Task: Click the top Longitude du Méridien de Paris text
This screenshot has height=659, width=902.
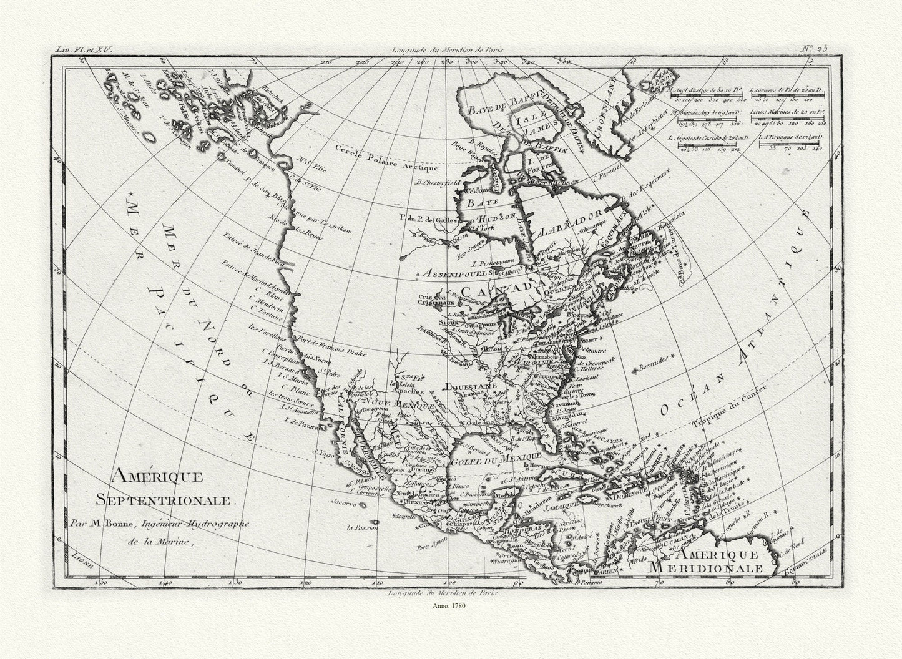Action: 448,48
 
